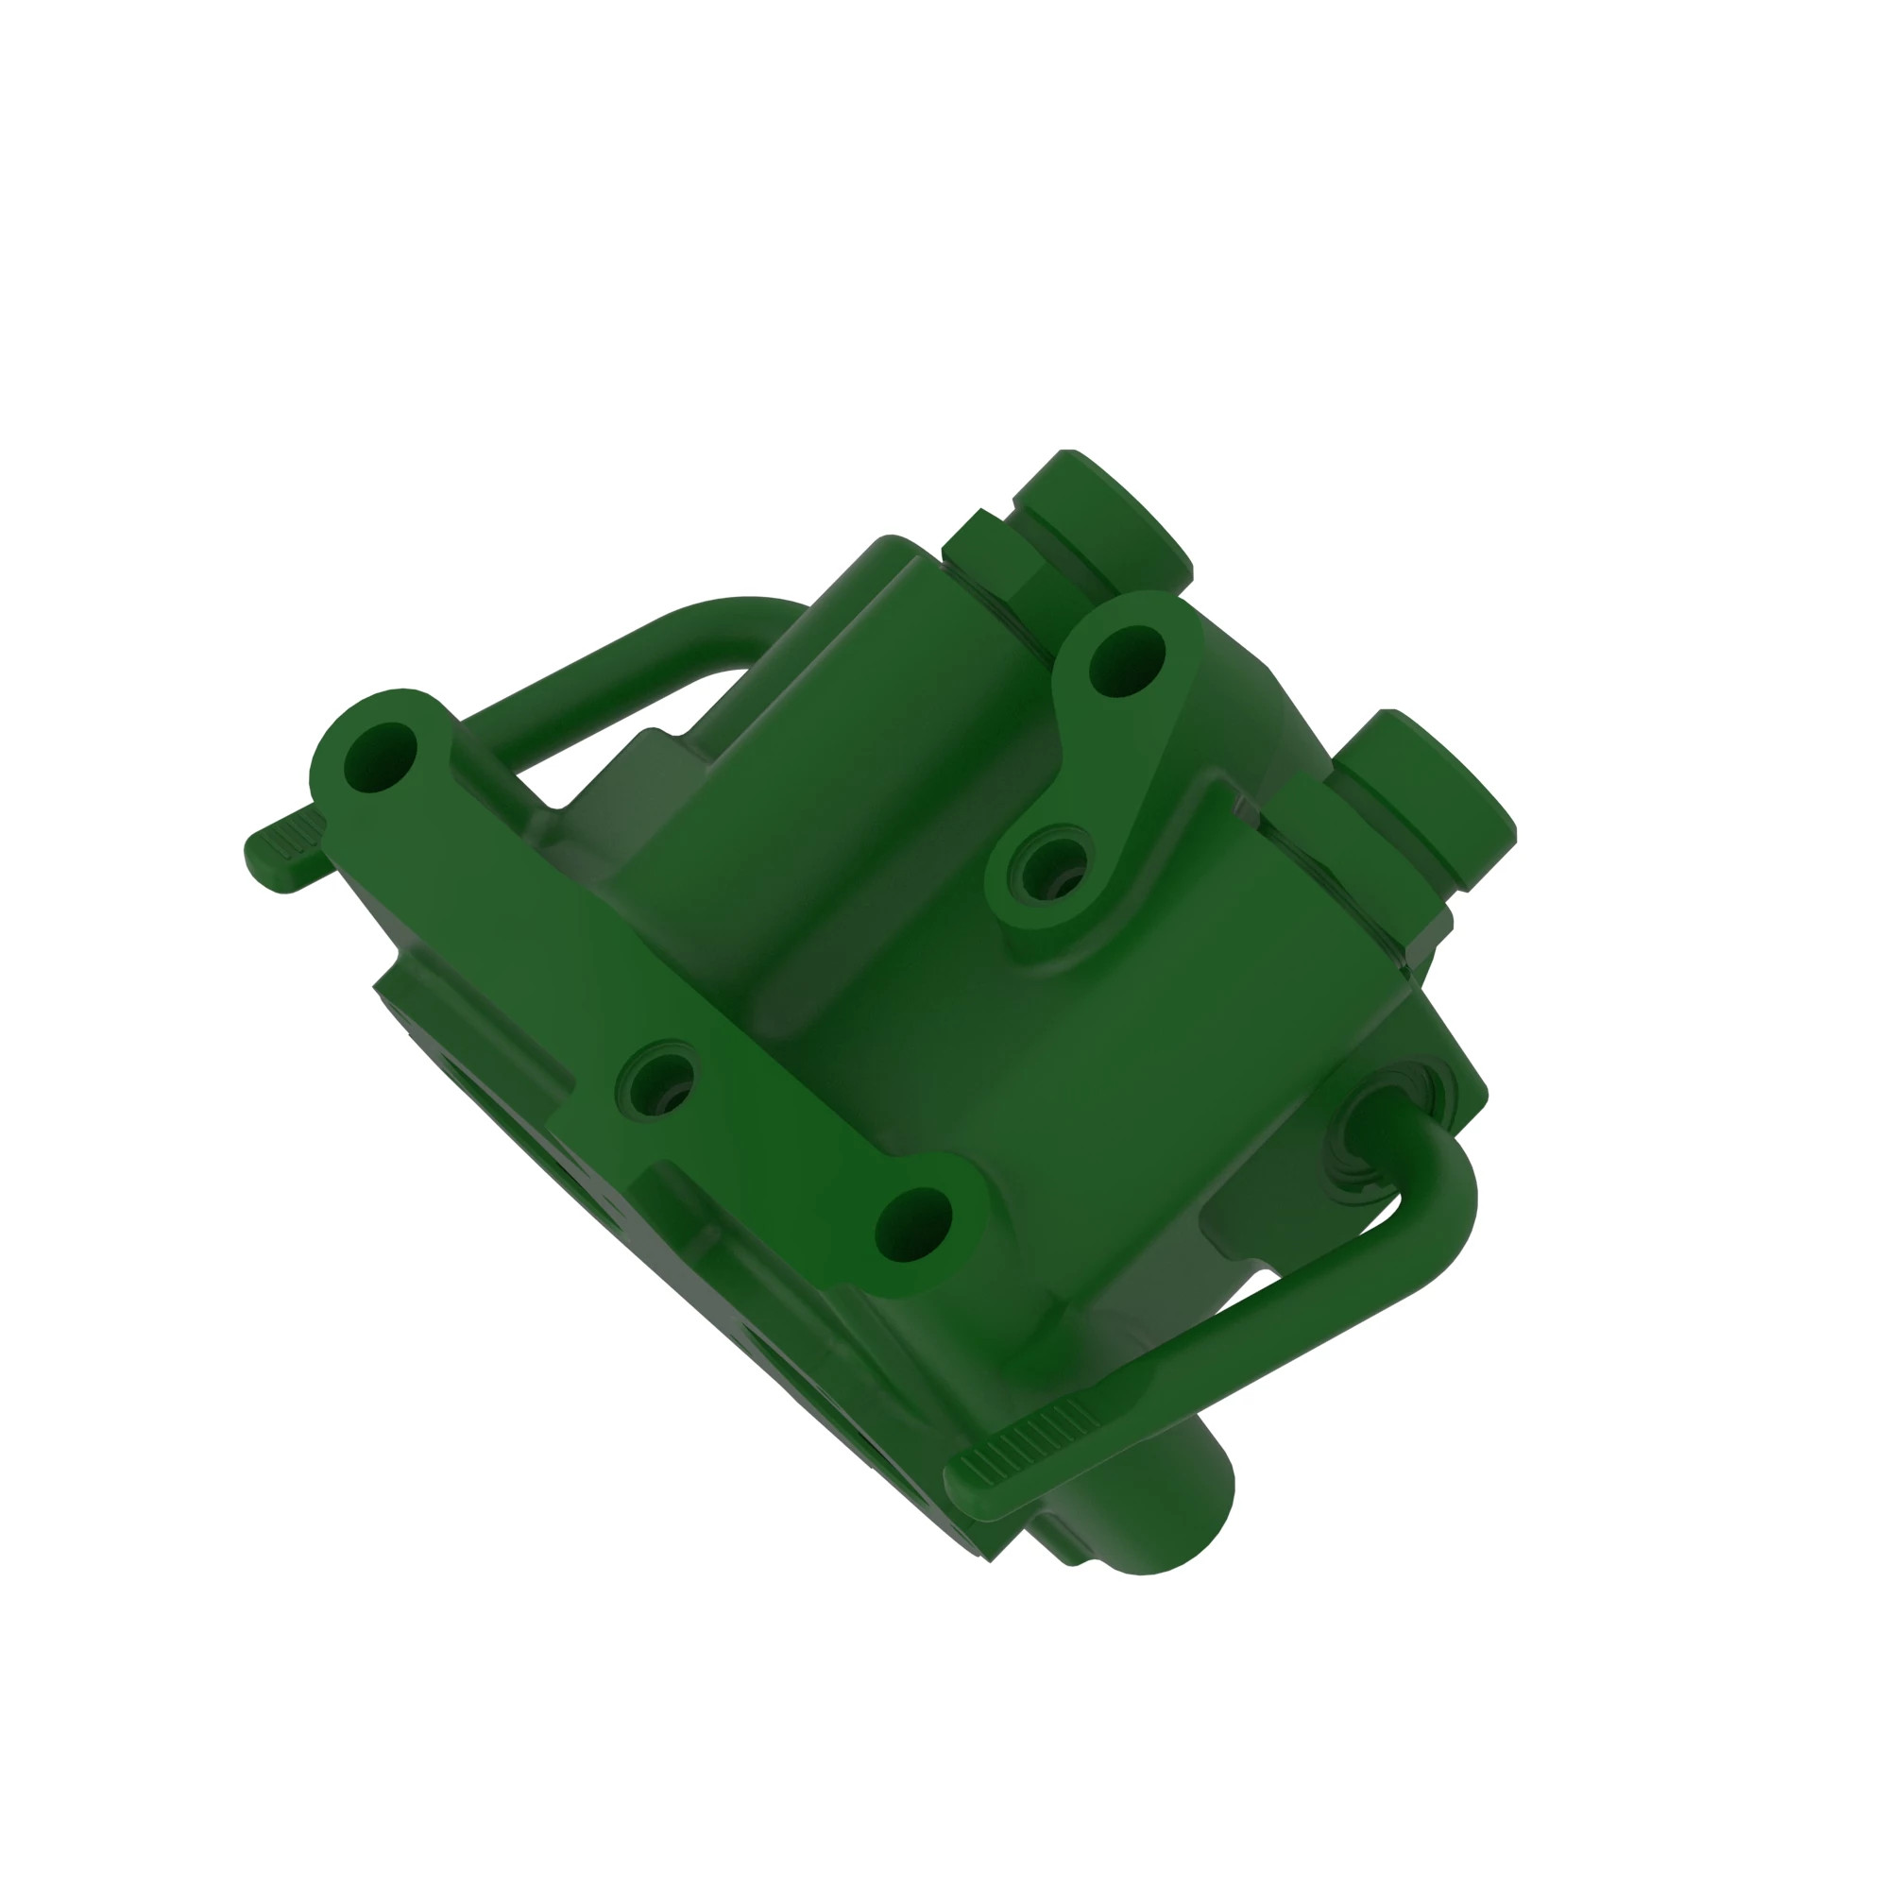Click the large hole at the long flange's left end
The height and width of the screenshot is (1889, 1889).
(381, 758)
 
